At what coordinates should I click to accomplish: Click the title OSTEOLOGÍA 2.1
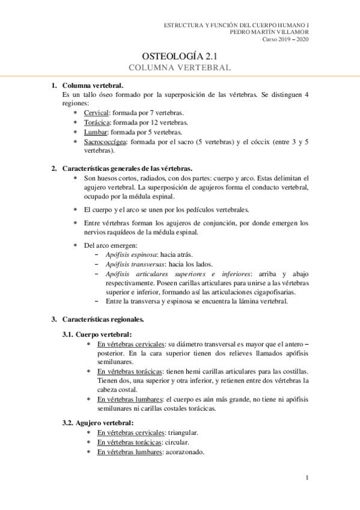180,56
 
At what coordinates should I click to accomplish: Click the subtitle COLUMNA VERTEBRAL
180,68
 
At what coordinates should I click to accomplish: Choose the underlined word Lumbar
96,132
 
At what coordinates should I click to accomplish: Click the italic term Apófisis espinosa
127,254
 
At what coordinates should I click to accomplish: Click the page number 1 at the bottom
307,479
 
